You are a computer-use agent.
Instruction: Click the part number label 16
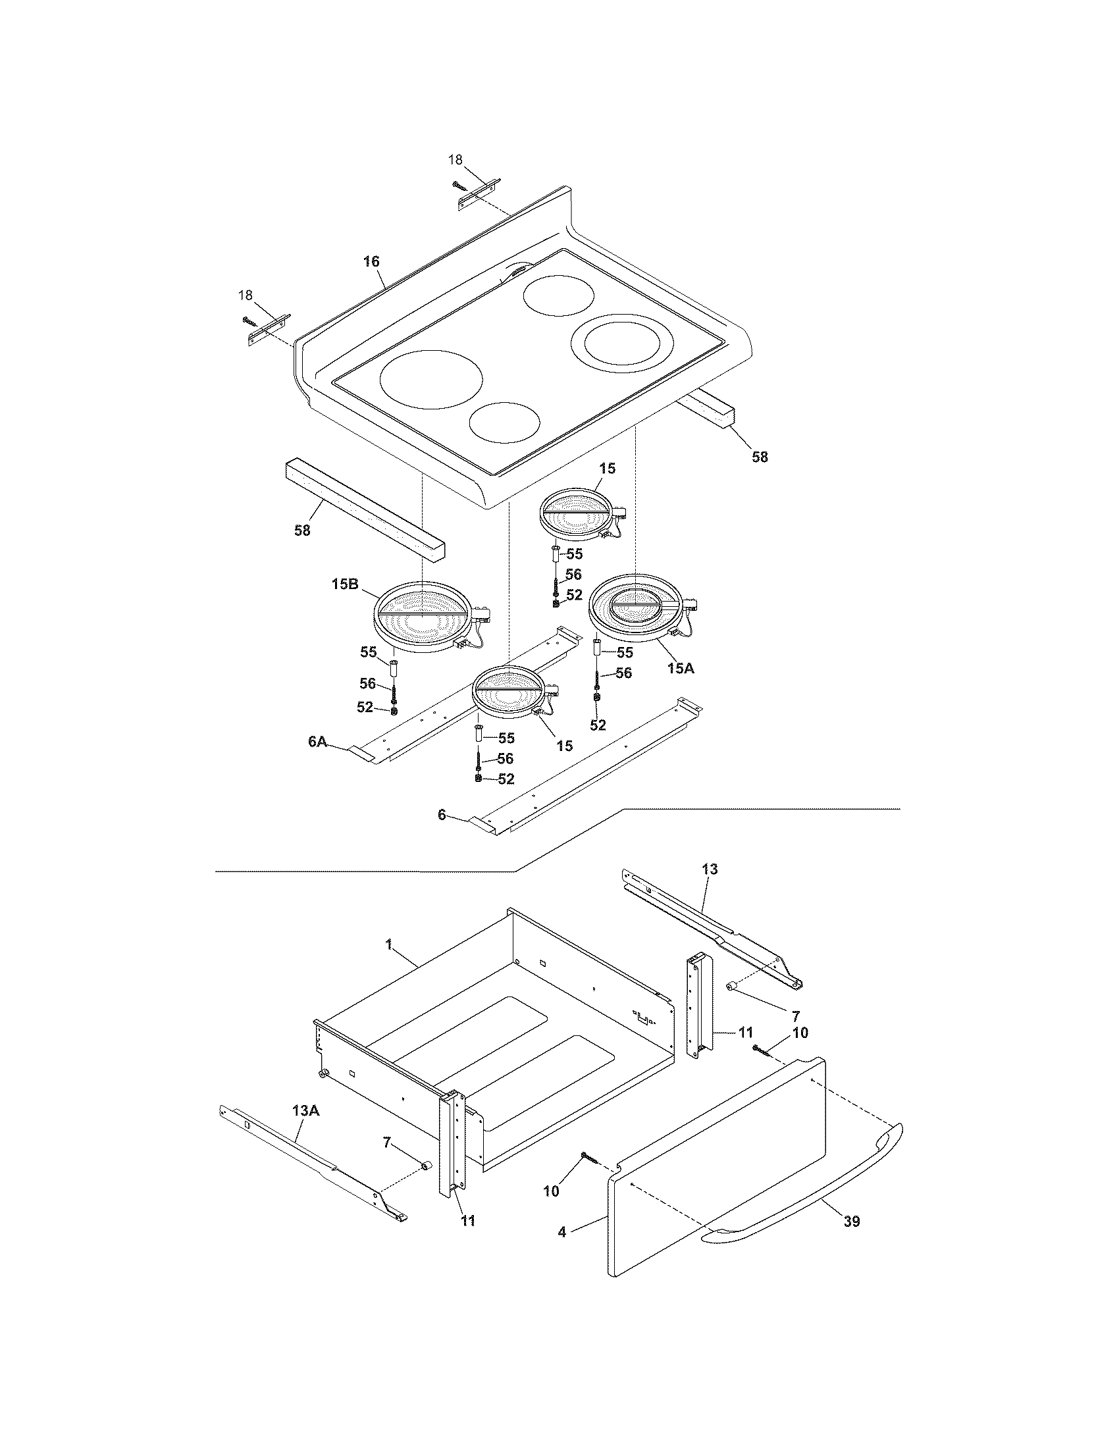click(x=371, y=262)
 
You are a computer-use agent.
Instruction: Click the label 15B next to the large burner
click(x=345, y=584)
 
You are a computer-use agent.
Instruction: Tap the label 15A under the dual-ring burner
click(x=680, y=668)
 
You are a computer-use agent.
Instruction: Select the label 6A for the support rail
click(x=317, y=742)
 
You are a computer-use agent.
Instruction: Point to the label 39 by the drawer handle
click(x=851, y=1221)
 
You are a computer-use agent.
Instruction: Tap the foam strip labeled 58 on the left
click(x=365, y=511)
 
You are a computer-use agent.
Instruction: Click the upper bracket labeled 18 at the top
click(x=479, y=194)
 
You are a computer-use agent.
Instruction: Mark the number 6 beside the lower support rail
click(x=442, y=815)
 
